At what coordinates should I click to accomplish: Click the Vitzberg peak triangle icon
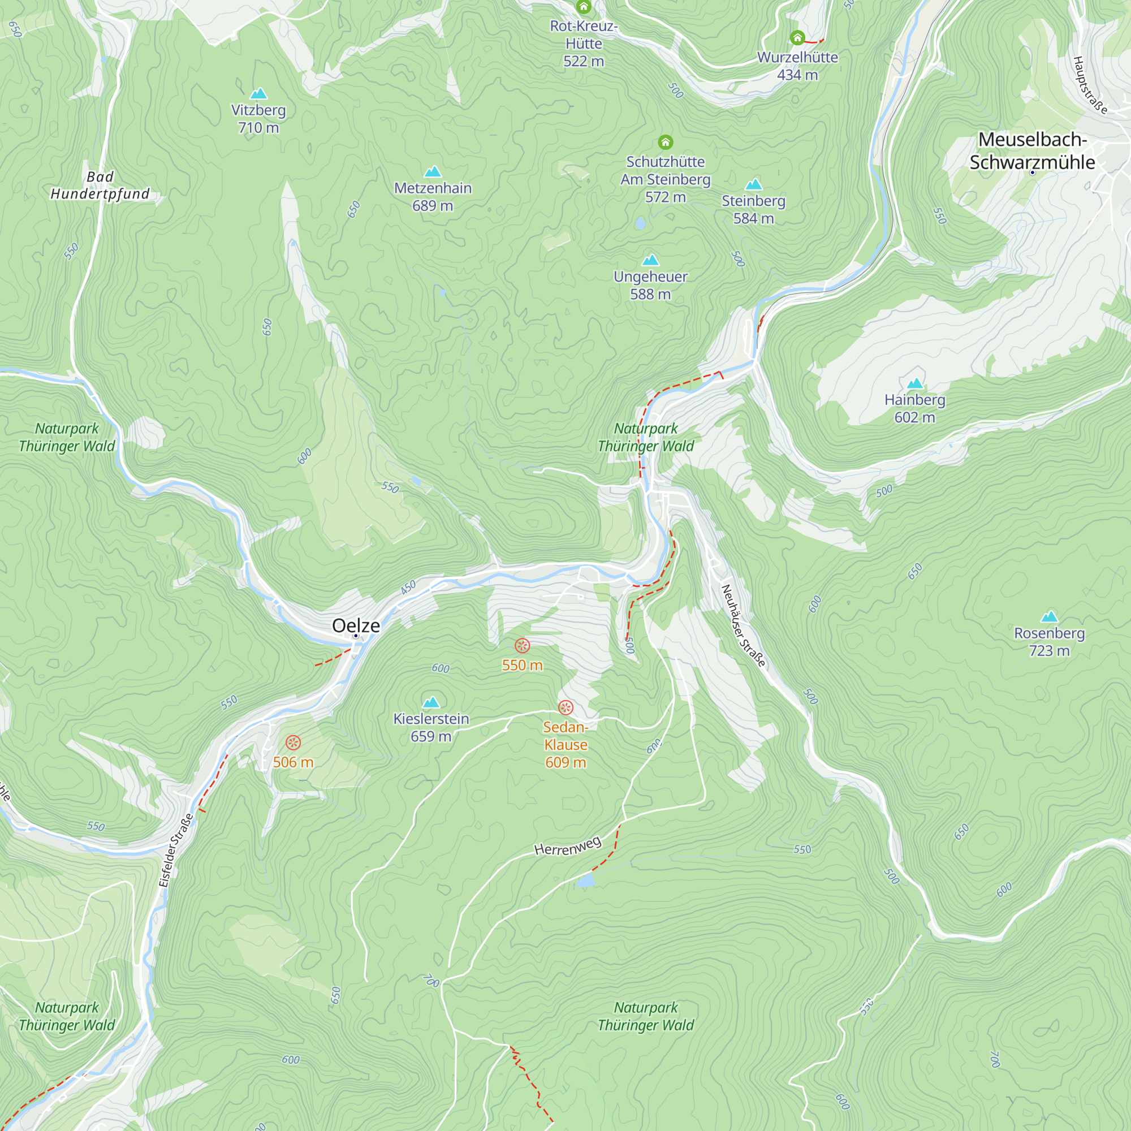pos(258,94)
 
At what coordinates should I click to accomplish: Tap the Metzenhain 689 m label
pos(433,197)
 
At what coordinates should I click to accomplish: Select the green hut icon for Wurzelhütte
pos(797,38)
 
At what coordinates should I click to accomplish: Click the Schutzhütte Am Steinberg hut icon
pos(665,143)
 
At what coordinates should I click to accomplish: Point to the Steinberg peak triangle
pos(753,184)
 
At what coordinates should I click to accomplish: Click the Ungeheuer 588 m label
pos(650,285)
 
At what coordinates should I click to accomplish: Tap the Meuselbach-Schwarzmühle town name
pos(1032,151)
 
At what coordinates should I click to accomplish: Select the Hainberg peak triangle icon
pos(915,383)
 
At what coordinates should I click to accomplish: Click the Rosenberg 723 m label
pos(1050,642)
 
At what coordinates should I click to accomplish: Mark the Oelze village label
pos(356,625)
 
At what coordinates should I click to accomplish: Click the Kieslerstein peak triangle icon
pos(431,702)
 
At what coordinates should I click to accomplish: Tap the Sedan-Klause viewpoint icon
pos(565,708)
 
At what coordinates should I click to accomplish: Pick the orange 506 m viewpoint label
pos(293,762)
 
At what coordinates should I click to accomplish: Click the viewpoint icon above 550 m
pos(522,646)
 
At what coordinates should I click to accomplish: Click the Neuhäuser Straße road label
pos(744,626)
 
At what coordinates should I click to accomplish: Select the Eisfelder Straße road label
pos(176,851)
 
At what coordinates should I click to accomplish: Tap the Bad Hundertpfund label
pos(100,185)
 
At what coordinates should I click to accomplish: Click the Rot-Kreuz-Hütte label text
pos(584,44)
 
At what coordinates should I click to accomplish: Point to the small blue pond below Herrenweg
pos(585,881)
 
